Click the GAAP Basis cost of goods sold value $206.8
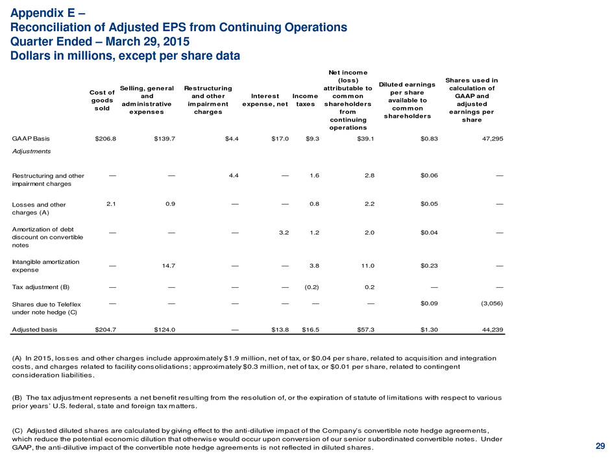105,138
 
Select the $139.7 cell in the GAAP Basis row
165,138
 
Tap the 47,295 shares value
493,138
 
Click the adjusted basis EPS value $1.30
429,329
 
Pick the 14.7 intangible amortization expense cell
169,266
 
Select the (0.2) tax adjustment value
311,287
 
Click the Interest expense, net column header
265,100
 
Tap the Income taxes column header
306,100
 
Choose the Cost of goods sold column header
102,100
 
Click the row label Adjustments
31,151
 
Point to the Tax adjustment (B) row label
41,287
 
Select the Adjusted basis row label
34,329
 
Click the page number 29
600,446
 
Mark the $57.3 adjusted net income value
366,329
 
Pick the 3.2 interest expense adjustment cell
284,233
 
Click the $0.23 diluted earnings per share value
429,266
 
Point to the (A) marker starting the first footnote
17,359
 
